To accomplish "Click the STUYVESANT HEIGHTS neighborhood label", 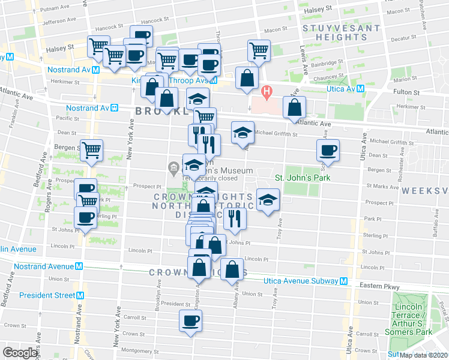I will [x=342, y=33].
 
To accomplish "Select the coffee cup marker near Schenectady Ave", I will [x=328, y=150].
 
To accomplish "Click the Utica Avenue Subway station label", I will [x=301, y=281].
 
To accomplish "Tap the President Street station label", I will [x=46, y=295].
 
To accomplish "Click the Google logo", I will [x=20, y=352].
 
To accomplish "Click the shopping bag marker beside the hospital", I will [x=294, y=108].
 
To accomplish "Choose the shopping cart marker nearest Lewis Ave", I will [x=259, y=51].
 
